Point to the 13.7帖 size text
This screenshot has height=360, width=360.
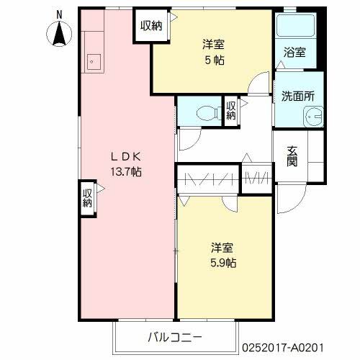pos(127,172)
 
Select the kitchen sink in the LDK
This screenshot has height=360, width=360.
pos(93,62)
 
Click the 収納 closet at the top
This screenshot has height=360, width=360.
pos(151,26)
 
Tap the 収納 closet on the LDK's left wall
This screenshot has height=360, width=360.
pos(87,197)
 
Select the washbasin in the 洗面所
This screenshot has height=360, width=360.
pos(313,115)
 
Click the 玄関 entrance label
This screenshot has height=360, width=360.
pos(293,154)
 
